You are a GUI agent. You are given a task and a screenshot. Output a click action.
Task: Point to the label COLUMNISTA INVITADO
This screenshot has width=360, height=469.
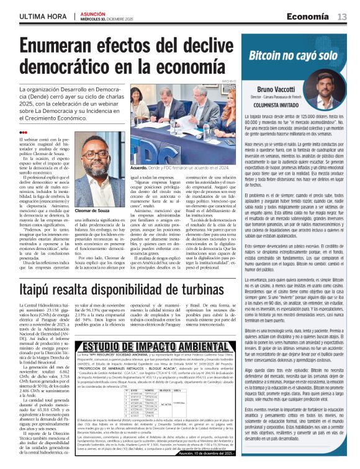point(273,106)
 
